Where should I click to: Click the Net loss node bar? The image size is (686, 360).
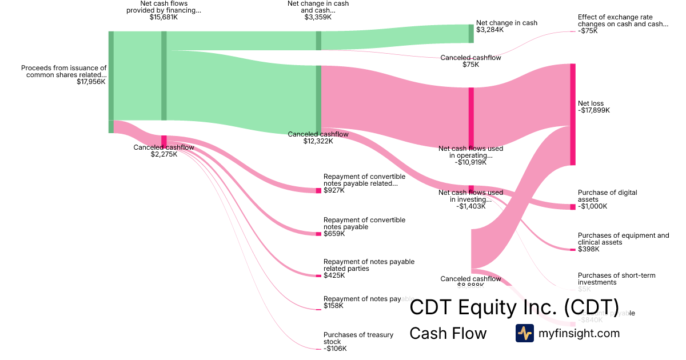pyautogui.click(x=572, y=114)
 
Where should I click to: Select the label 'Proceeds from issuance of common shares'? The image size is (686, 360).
pyautogui.click(x=64, y=71)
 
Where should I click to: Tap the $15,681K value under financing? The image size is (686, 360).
pyautogui.click(x=163, y=17)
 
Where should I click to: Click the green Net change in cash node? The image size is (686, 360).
pyautogui.click(x=471, y=34)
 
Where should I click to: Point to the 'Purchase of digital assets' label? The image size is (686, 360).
pyautogui.click(x=607, y=196)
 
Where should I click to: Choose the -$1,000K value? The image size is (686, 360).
pyautogui.click(x=593, y=206)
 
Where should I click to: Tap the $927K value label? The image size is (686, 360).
pyautogui.click(x=334, y=190)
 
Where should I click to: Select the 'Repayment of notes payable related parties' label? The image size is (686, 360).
pyautogui.click(x=369, y=265)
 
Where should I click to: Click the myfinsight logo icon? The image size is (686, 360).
pyautogui.click(x=524, y=333)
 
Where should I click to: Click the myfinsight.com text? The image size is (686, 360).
pyautogui.click(x=579, y=333)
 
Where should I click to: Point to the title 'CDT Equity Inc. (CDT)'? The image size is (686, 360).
pyautogui.click(x=514, y=307)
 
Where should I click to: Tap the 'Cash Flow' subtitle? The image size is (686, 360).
pyautogui.click(x=448, y=333)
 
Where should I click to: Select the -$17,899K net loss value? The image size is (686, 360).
pyautogui.click(x=594, y=110)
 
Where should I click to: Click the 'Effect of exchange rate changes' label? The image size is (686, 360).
pyautogui.click(x=623, y=21)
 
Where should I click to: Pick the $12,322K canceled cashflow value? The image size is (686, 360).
pyautogui.click(x=318, y=141)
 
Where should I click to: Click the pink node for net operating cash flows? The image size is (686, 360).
pyautogui.click(x=471, y=117)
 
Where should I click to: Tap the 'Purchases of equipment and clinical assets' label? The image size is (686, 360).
pyautogui.click(x=623, y=239)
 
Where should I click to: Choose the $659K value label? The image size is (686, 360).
pyautogui.click(x=334, y=234)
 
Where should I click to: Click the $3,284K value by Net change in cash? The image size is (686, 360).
pyautogui.click(x=490, y=30)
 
